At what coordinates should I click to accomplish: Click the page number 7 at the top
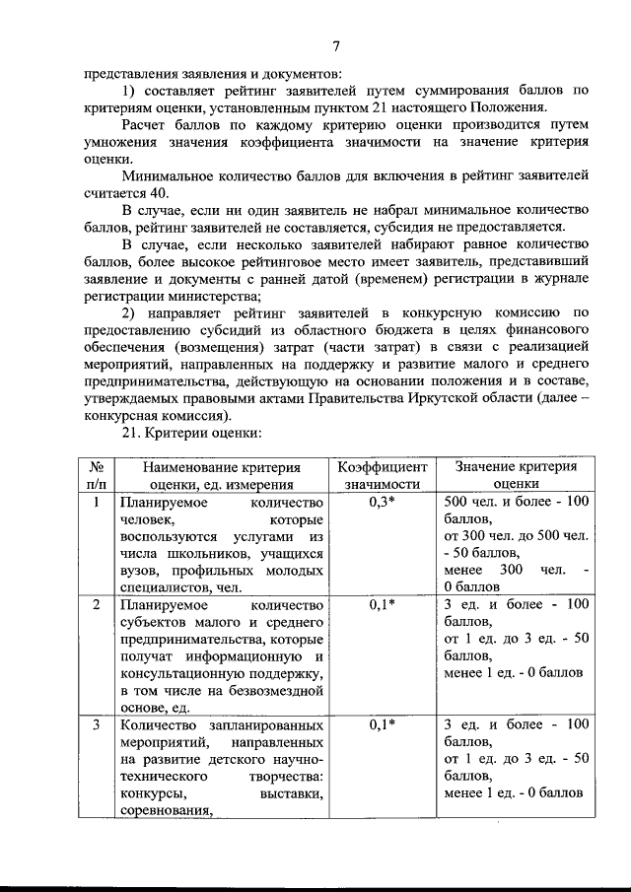click(x=335, y=46)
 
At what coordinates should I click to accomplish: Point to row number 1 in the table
click(x=97, y=502)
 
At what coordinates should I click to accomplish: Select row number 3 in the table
click(x=97, y=724)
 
